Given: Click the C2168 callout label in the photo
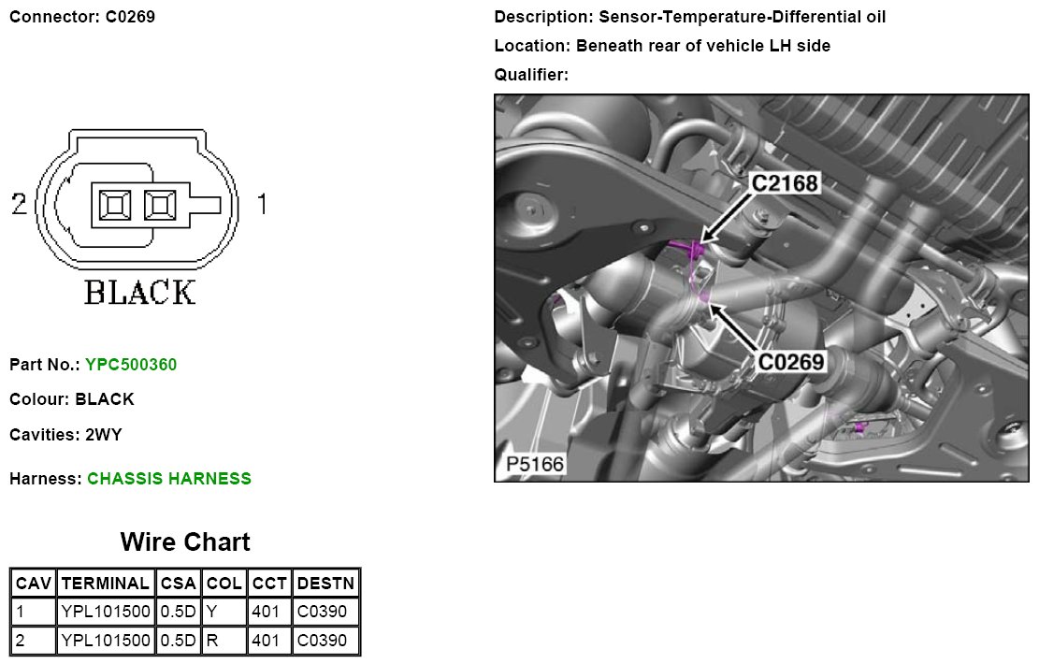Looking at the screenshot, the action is tap(786, 184).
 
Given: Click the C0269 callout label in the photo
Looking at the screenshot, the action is tap(791, 361).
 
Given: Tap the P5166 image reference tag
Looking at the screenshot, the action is tap(536, 464).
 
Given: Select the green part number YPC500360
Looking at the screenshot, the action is tap(131, 365).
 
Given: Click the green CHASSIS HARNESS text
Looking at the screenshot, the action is tap(169, 479).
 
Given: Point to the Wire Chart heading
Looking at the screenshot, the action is tap(185, 542).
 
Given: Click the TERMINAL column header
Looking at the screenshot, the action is tap(105, 584).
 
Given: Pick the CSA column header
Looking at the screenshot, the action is tap(178, 584).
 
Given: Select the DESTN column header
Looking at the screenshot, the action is tap(325, 584).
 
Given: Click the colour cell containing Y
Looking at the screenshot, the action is tap(224, 613).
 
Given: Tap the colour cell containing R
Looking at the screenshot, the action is tap(224, 641).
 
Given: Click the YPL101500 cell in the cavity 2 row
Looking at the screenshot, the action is tap(105, 641).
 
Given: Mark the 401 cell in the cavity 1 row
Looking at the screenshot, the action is tap(269, 613).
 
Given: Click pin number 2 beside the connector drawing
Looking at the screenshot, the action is tap(19, 203).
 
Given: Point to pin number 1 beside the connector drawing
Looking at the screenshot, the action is tap(261, 203).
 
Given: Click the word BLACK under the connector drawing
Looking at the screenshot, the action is tap(140, 292).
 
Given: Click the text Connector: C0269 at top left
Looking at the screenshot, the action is tap(82, 17).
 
